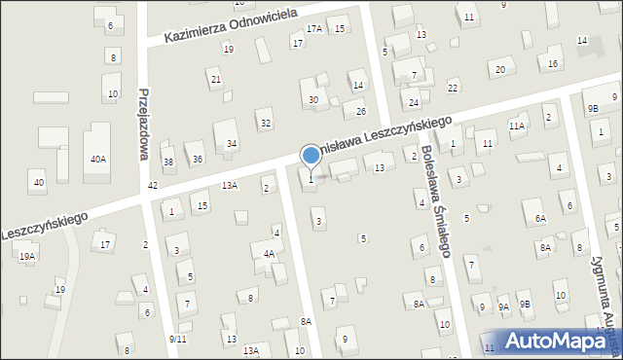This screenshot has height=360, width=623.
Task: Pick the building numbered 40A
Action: click(x=98, y=159)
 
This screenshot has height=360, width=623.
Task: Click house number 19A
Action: click(x=26, y=256)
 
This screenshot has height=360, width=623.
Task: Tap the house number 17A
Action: click(x=313, y=29)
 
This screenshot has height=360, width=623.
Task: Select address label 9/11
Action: click(x=177, y=339)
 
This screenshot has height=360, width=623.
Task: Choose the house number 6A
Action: click(x=540, y=219)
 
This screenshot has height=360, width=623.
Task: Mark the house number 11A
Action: click(x=517, y=126)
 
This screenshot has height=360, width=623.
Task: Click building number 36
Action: click(x=198, y=159)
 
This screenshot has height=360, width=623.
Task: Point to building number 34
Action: click(x=232, y=144)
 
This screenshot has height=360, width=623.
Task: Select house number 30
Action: click(x=313, y=100)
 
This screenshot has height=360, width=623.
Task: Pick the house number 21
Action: click(x=216, y=80)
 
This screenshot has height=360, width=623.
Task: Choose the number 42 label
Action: click(x=152, y=185)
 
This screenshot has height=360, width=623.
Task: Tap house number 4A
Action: click(x=269, y=254)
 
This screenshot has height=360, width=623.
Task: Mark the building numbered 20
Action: click(x=500, y=69)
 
